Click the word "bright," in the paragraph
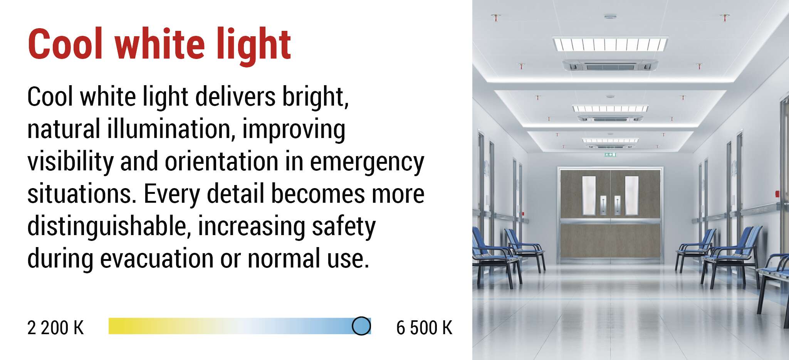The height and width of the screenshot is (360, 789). [316, 98]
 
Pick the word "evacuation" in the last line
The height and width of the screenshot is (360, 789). [157, 258]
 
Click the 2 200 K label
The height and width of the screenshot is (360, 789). [55, 328]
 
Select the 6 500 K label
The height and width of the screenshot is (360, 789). [424, 328]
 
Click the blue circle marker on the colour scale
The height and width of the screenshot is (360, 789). [361, 326]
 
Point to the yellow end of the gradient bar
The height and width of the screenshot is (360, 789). [116, 326]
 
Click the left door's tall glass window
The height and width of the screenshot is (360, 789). [589, 195]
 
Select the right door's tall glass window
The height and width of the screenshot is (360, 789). [632, 195]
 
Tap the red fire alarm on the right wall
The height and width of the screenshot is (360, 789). [777, 193]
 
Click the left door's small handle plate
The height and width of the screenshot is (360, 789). [603, 205]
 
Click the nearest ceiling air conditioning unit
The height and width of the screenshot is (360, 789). [610, 66]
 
